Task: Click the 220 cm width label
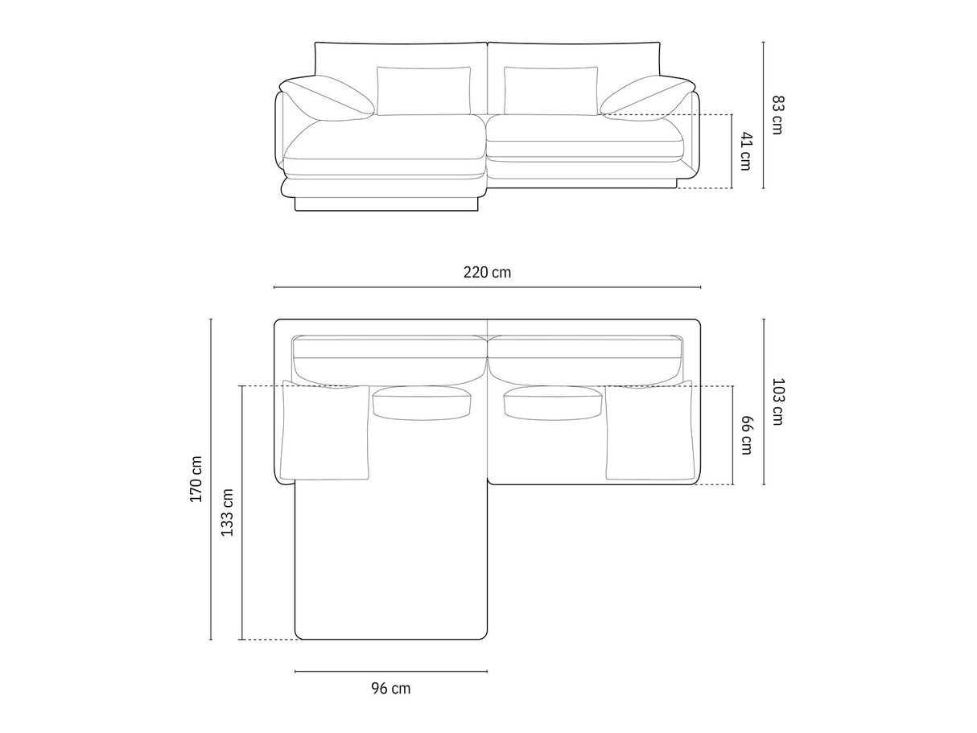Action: pos(487,273)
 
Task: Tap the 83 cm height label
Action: pos(777,115)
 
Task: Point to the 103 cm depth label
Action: pos(777,402)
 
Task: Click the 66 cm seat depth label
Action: pos(746,435)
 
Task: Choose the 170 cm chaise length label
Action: pos(196,479)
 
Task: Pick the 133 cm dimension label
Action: pos(228,513)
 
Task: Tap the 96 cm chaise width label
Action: pos(391,689)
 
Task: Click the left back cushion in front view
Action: pos(423,91)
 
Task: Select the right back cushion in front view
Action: pos(550,91)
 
